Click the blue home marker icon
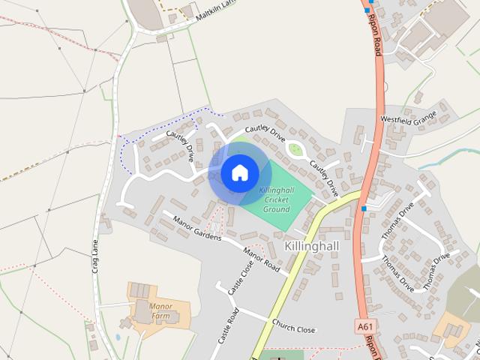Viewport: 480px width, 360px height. pos(239,172)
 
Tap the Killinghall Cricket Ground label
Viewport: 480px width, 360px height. pos(275,199)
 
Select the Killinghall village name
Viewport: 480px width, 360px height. pos(312,245)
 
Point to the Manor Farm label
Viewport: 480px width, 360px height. pos(161,310)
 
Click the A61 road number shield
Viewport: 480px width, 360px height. pos(364,326)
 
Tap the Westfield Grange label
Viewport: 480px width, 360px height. pos(408,118)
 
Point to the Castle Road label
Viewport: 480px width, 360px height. pos(228,325)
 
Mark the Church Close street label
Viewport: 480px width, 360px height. pos(294,328)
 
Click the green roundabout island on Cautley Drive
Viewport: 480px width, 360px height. pos(296,149)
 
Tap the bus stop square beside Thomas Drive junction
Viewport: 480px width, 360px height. pos(364,208)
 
